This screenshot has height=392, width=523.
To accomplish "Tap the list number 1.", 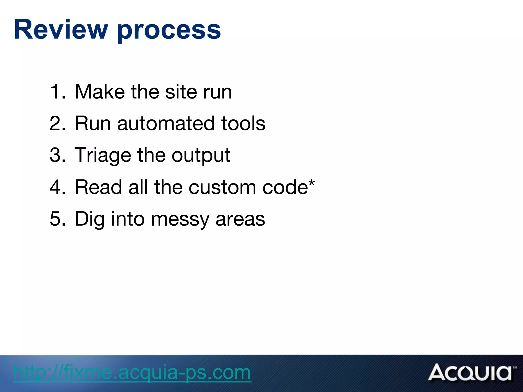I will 57,92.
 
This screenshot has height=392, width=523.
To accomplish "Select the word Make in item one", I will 100,92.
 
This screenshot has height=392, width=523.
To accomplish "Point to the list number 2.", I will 57,124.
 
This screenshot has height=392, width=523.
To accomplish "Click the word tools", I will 243,124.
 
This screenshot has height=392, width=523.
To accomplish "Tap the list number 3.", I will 57,155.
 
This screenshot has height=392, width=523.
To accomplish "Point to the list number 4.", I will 57,187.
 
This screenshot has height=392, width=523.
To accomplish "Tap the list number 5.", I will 57,219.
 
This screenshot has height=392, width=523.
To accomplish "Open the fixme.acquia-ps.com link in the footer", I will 132,373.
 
